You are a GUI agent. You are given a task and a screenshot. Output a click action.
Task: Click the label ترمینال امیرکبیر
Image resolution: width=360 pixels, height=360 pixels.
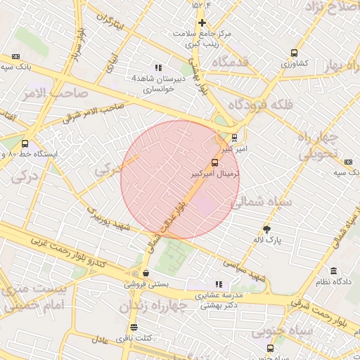point(216,172)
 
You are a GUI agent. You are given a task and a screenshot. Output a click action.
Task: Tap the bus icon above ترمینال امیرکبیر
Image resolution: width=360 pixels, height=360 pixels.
point(214,162)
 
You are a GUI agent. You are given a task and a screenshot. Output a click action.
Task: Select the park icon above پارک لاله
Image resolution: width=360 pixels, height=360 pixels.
point(266,229)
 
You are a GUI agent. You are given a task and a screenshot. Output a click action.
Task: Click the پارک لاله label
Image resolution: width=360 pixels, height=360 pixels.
point(267,240)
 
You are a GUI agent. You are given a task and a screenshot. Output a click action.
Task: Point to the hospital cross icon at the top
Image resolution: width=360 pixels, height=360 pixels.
point(202,22)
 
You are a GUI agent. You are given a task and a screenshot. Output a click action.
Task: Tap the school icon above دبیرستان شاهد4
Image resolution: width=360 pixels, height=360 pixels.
point(157,68)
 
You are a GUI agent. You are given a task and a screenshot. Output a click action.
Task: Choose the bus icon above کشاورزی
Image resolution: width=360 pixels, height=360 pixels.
point(294,53)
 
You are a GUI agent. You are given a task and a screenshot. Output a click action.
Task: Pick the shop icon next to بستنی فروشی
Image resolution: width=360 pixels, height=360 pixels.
point(146,274)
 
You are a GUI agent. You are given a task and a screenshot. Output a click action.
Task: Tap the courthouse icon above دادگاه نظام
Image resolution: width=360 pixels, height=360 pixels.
point(333,271)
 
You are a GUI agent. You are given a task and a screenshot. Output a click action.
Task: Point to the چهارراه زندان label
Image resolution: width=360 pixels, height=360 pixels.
point(153,307)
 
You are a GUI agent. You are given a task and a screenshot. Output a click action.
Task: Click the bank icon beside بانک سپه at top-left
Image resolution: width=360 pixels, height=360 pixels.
point(16,56)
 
